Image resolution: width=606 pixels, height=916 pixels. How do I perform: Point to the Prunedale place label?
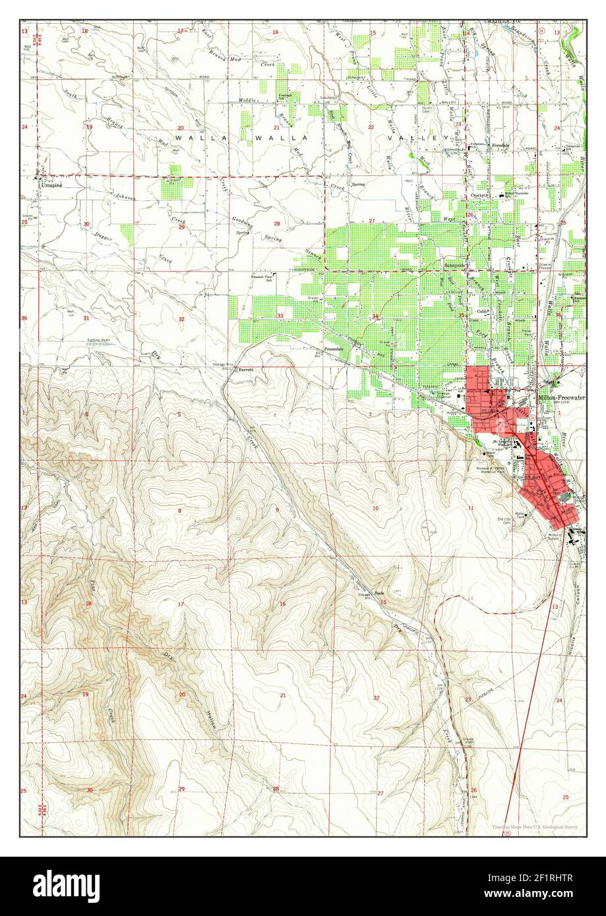coord(334,348)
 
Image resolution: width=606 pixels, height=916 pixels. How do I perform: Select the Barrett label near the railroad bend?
coord(246,370)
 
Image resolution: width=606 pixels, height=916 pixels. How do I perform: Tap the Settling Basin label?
coord(98,340)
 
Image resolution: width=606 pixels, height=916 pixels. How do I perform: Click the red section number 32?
coord(181,319)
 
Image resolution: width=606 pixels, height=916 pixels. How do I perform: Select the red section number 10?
coord(375,507)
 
